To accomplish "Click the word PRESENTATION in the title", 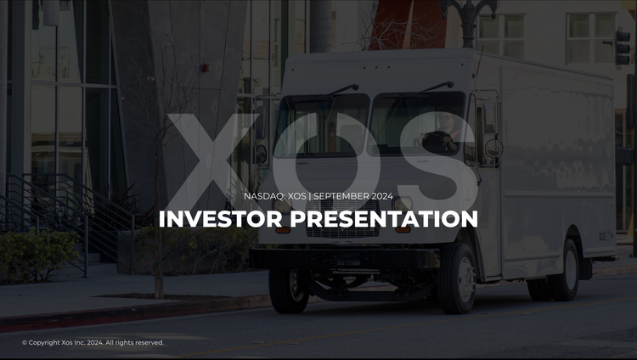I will click(x=384, y=219).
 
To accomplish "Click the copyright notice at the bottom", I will click(x=93, y=343).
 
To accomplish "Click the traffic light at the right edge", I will click(x=624, y=47).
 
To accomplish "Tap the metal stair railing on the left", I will click(x=51, y=212).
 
